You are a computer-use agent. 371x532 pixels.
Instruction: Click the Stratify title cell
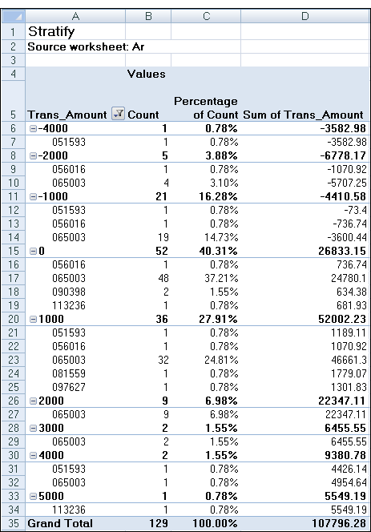pos(51,31)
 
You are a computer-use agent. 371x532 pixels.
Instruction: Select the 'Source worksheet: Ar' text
pos(86,46)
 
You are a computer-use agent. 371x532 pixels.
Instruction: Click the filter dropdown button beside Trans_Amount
pos(118,114)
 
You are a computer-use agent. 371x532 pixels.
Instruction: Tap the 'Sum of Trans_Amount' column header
pos(303,115)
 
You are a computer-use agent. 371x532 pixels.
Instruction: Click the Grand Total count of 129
pos(159,523)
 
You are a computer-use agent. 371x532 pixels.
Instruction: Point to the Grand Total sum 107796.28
pos(339,523)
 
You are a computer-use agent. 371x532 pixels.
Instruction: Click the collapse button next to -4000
pos(33,128)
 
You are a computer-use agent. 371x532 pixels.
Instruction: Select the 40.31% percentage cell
pos(218,251)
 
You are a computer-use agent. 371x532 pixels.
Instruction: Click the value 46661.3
pos(349,360)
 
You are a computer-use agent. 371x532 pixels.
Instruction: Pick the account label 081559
pos(69,373)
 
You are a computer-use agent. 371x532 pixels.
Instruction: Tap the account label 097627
pos(69,387)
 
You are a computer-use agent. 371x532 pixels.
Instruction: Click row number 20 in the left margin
pos(13,319)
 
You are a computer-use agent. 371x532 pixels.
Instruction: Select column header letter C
pos(206,16)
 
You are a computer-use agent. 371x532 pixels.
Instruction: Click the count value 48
pos(163,278)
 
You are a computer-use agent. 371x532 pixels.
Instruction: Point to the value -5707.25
pos(347,183)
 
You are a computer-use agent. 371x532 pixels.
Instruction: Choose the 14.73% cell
pos(221,237)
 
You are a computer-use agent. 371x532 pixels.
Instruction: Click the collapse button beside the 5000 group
pos(33,497)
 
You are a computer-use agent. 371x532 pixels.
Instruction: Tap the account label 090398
pos(69,292)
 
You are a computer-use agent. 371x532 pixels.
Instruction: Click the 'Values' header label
pos(147,74)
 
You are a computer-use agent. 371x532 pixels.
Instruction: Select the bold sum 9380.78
pos(345,455)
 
